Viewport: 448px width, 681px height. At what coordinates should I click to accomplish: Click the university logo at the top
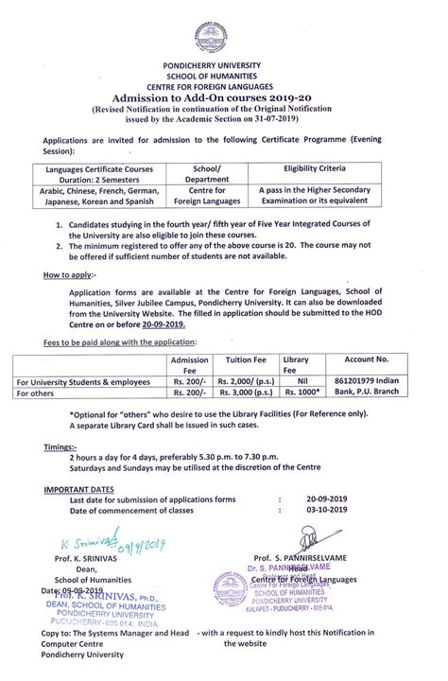click(x=224, y=33)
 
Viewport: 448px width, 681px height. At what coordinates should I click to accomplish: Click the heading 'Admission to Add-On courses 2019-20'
click(x=224, y=96)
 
